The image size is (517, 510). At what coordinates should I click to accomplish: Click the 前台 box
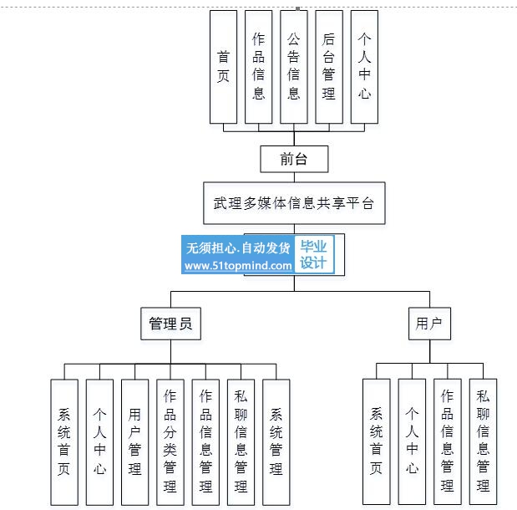293,159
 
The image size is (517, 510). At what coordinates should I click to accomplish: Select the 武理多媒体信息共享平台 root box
293,203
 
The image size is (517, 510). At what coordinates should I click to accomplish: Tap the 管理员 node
170,324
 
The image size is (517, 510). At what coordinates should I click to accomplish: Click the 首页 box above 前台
223,66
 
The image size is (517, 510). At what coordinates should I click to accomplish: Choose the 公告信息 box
293,66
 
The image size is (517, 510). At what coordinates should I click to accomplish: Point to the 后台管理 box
328,66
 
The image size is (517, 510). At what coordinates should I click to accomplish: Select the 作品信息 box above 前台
258,66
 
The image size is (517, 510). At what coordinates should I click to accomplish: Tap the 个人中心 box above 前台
363,66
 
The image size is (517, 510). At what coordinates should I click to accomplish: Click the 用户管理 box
134,441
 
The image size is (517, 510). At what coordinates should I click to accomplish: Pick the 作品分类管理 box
170,441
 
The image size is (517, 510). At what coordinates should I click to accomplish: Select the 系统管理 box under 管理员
276,441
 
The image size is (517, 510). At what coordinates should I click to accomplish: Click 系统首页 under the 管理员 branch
64,441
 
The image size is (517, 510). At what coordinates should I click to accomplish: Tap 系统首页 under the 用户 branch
377,441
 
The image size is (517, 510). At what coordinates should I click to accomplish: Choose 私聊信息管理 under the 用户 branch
483,441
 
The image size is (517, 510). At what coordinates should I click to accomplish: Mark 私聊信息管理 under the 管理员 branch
241,441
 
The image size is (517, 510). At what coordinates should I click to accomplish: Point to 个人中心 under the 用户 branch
412,441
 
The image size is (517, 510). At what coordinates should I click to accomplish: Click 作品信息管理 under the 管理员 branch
205,441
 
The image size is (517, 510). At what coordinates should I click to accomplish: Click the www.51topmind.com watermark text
238,266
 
